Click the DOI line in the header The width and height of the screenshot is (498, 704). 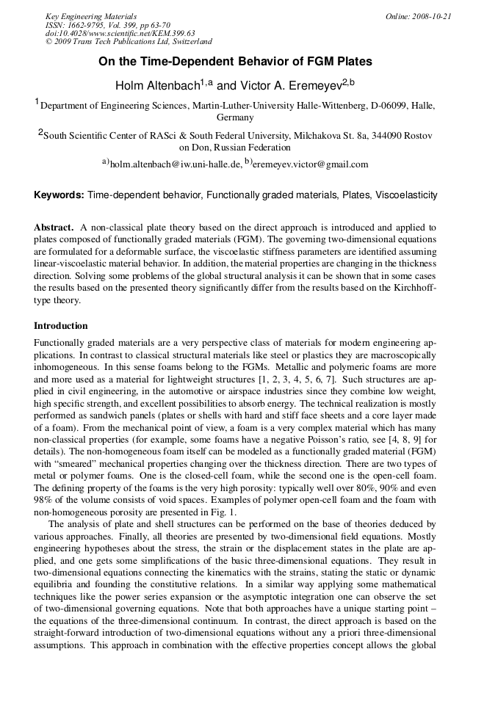coord(120,34)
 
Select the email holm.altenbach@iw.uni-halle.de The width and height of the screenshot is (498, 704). coord(175,164)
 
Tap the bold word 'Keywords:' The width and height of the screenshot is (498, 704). coord(59,195)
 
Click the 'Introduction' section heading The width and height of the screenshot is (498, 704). coord(61,326)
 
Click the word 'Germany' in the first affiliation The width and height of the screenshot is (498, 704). coord(235,117)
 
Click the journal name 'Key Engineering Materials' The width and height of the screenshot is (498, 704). coord(91,16)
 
